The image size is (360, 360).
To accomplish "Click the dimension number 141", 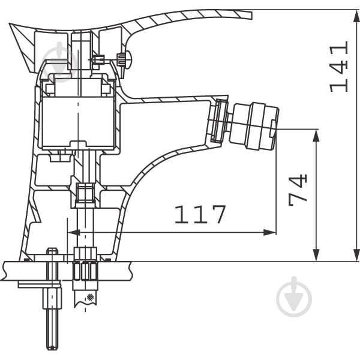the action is click(338, 67).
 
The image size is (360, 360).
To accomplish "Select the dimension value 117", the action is click(200, 214).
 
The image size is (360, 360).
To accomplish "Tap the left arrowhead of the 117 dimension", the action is click(74, 232).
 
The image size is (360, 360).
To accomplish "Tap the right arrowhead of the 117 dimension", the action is click(269, 232).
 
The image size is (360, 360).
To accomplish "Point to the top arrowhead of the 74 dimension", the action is click(316, 136).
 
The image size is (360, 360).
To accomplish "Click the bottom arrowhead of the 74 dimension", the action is click(316, 255).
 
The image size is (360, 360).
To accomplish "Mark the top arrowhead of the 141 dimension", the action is click(356, 16).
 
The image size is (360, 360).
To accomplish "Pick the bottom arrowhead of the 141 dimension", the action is click(356, 255).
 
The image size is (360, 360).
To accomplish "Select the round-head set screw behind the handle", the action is click(124, 59).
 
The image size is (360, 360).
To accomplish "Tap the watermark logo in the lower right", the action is click(294, 296).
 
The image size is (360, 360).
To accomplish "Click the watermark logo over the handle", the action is click(60, 62).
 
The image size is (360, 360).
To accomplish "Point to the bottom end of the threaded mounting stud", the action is click(52, 348).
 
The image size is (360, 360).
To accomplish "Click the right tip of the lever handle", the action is click(251, 14).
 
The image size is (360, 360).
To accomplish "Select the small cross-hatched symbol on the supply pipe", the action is click(90, 297).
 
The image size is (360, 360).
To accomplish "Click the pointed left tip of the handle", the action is click(10, 24).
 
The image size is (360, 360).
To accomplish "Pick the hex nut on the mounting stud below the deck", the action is click(52, 298).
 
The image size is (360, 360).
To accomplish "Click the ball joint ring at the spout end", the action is click(220, 121).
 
